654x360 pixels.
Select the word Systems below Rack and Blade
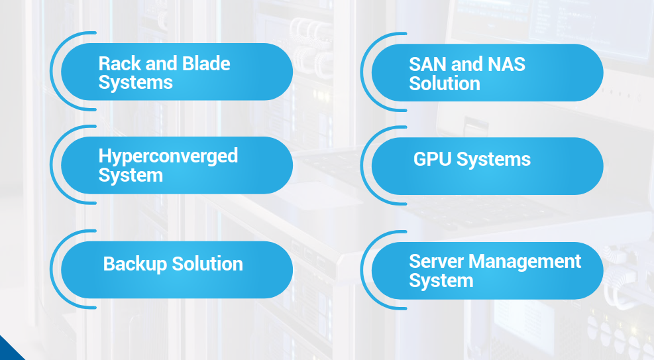coord(135,83)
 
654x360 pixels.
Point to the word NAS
coord(506,64)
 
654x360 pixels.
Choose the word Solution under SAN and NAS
coord(444,84)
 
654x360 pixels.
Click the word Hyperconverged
coord(168,156)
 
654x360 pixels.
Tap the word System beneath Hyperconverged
coord(130,176)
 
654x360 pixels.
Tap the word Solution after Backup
coord(207,264)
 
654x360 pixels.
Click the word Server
coord(435,261)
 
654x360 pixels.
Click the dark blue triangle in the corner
coord(8,350)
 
